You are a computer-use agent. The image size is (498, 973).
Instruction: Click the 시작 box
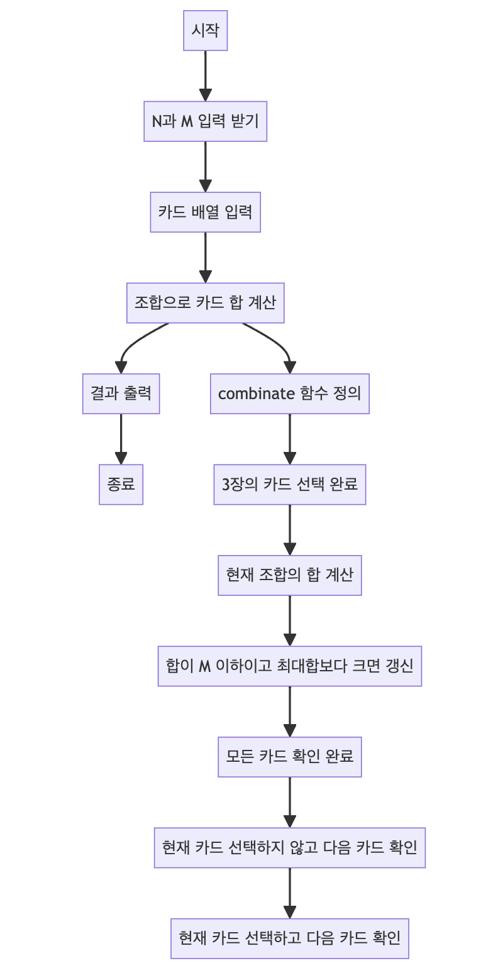(205, 30)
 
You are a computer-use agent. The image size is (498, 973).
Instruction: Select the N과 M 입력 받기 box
(205, 121)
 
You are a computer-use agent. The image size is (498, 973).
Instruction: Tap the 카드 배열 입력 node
(205, 212)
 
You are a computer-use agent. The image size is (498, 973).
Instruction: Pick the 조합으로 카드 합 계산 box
(205, 303)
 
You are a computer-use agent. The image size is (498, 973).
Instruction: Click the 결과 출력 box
(121, 393)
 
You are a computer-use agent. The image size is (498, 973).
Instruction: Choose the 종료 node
(121, 485)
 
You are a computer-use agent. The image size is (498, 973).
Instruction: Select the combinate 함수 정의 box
(289, 393)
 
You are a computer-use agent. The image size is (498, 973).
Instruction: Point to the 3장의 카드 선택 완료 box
(289, 485)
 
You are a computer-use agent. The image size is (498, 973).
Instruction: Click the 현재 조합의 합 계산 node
(289, 575)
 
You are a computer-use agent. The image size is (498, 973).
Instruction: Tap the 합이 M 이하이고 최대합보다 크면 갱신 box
(289, 666)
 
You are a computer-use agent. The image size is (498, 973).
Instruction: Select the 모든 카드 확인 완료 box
(289, 757)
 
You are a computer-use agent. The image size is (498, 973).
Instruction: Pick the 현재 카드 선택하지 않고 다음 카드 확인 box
(289, 848)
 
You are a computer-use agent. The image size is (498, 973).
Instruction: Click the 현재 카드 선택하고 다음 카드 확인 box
(289, 938)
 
